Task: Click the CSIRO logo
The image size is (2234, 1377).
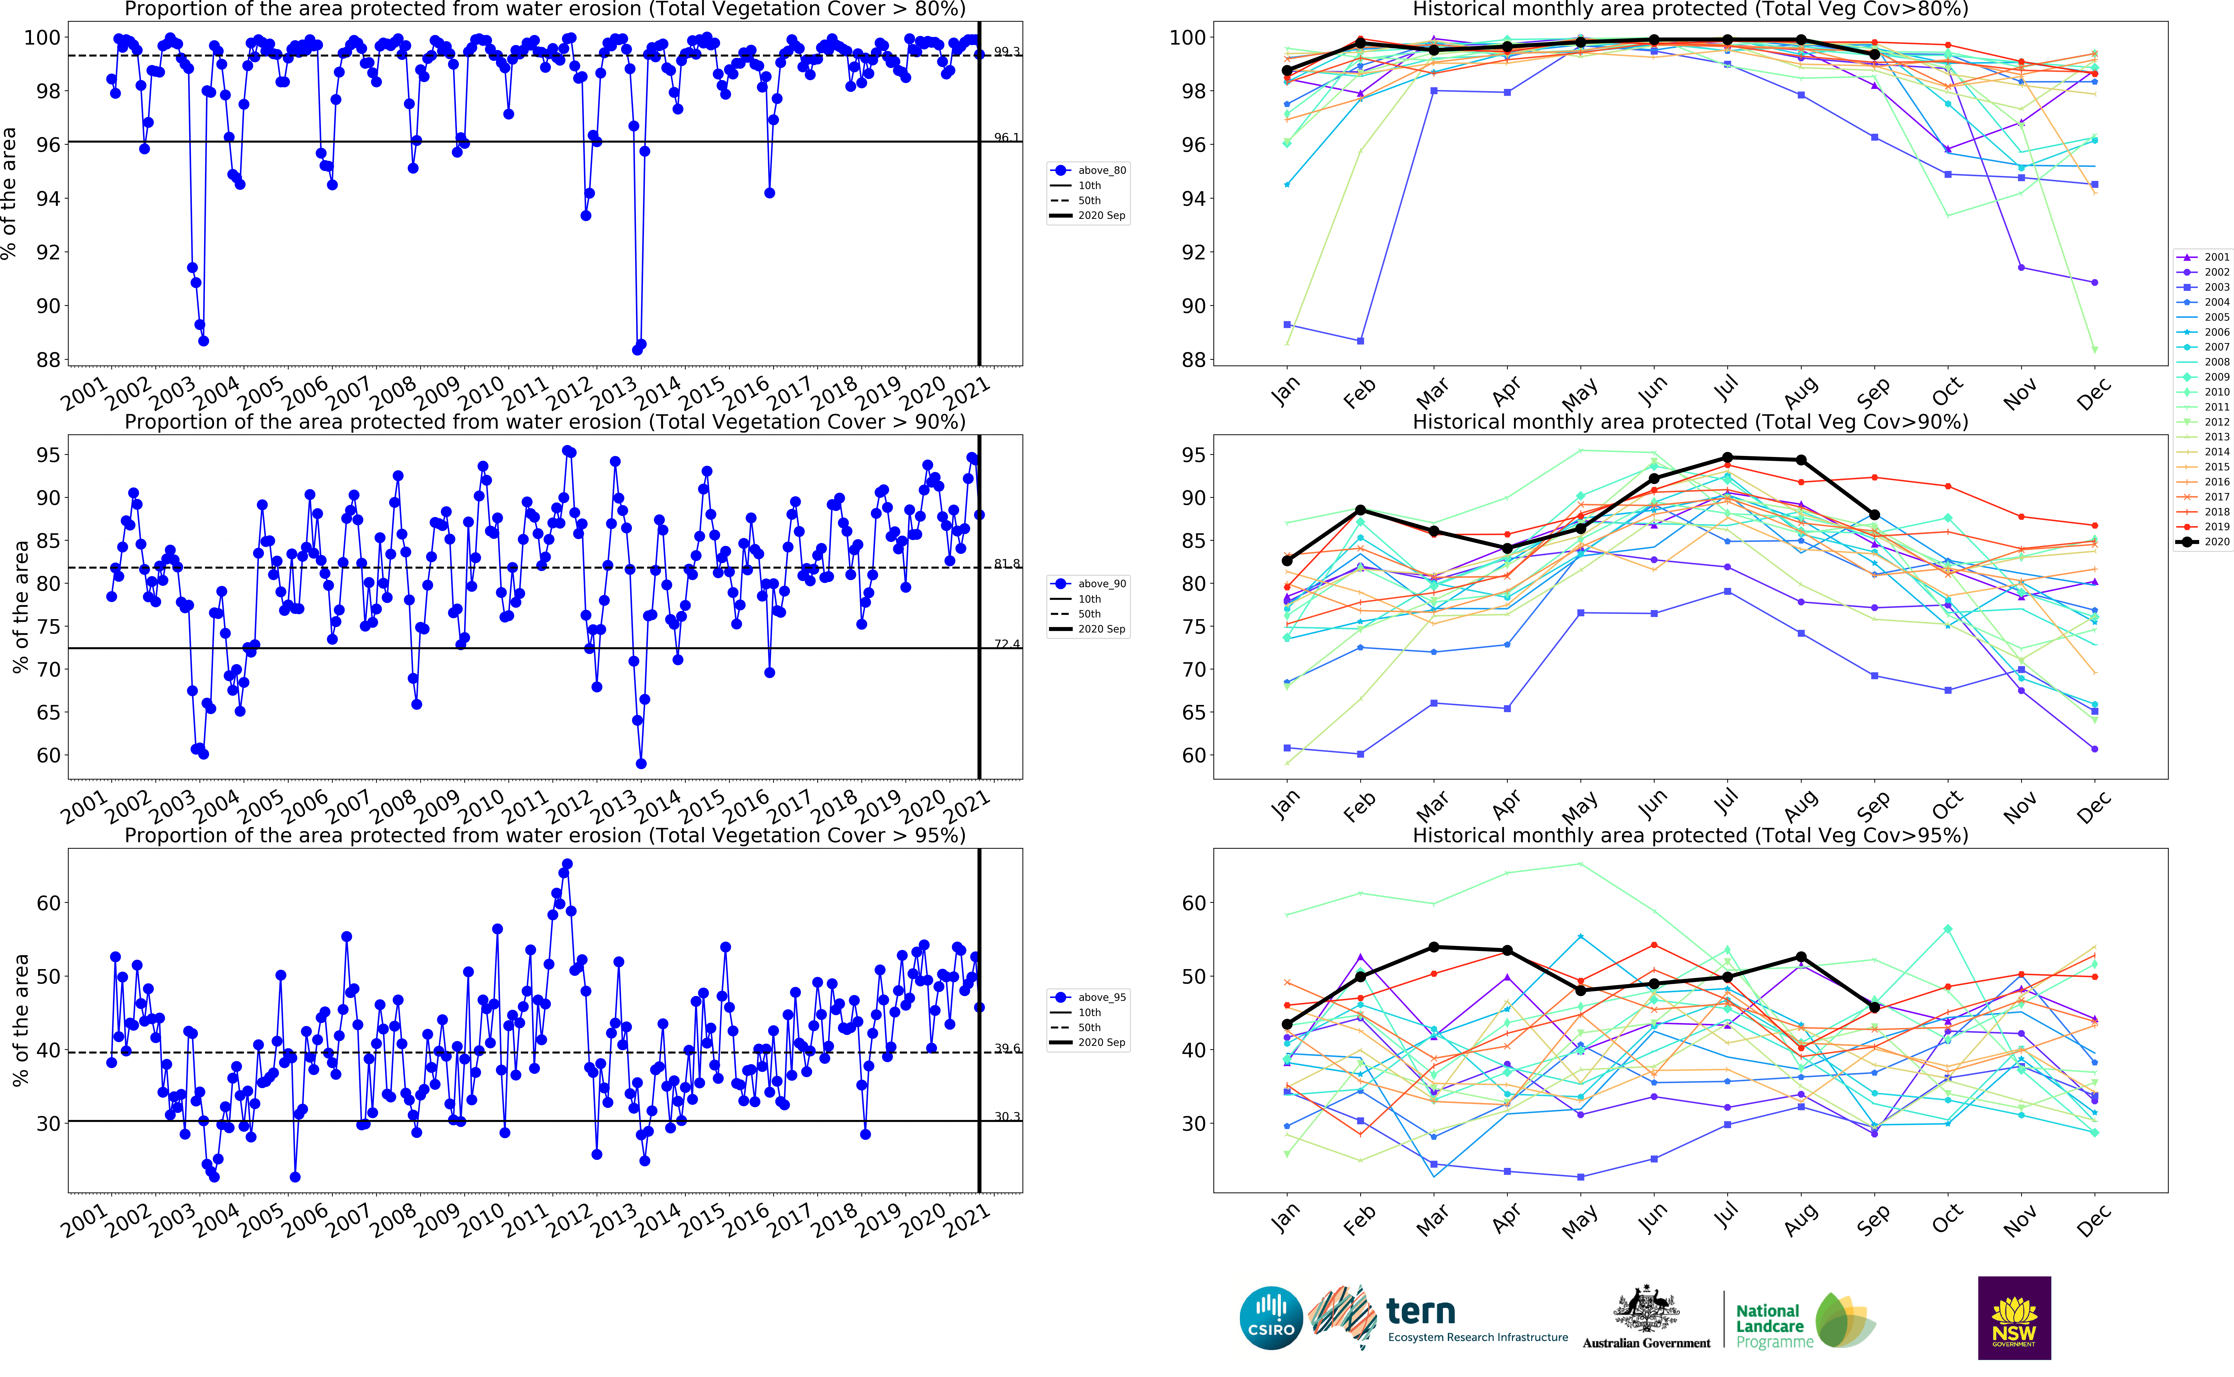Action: [x=1271, y=1318]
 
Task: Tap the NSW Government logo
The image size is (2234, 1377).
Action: [x=2014, y=1318]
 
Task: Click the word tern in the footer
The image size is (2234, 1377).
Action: [x=1420, y=1311]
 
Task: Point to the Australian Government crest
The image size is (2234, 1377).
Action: [x=1646, y=1311]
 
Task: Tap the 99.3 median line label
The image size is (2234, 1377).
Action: [x=1007, y=52]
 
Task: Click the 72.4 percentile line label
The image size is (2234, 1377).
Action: [x=1007, y=644]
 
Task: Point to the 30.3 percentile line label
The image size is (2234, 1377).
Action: [x=1007, y=1116]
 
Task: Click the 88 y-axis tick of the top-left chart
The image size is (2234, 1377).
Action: [x=47, y=360]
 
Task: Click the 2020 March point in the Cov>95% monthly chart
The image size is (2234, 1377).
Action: [x=1434, y=947]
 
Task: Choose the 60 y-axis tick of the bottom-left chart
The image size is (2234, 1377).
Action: [x=47, y=904]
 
